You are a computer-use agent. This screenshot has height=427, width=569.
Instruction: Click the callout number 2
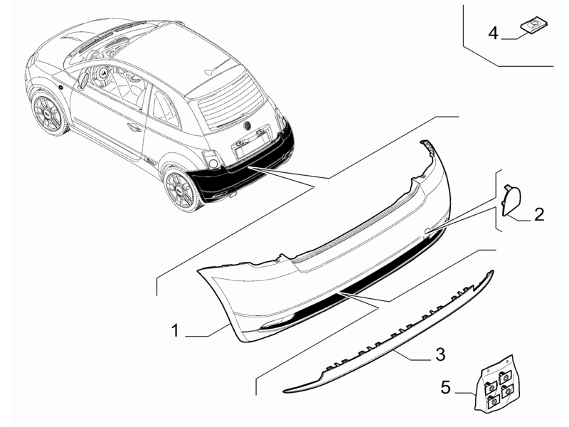[538, 213]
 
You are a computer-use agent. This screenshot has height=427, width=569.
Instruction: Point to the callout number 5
[446, 388]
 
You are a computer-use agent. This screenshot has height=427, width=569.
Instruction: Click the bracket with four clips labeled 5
[498, 384]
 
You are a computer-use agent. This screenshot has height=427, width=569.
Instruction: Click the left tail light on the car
[212, 160]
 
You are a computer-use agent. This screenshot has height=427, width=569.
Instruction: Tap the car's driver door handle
[132, 127]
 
